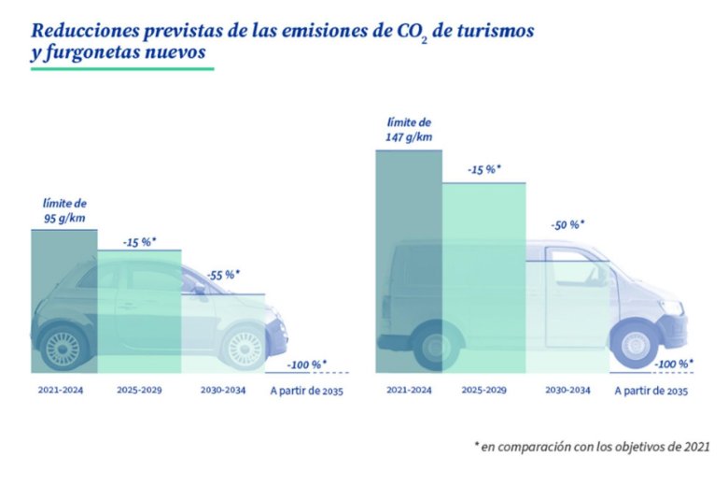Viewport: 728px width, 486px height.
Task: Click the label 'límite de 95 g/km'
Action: [63, 210]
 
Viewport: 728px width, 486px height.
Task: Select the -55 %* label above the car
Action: [222, 275]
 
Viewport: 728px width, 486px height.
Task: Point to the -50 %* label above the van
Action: [567, 225]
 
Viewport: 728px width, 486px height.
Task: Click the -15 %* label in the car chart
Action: [139, 242]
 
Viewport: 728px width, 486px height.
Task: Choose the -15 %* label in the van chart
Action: [484, 169]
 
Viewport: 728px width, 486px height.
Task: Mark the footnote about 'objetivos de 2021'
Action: [592, 448]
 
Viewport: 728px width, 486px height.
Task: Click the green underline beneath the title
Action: [121, 68]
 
